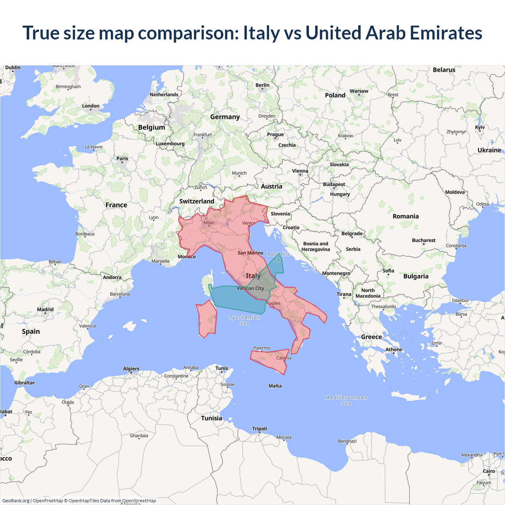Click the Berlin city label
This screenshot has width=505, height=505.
click(x=262, y=85)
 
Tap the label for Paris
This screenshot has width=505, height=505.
click(x=122, y=159)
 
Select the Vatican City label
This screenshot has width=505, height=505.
click(x=251, y=288)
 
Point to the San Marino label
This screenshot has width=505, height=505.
click(x=251, y=253)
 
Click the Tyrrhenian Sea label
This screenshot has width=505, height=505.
click(x=245, y=320)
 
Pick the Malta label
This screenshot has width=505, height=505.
click(x=275, y=386)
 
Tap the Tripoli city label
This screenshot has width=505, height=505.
click(x=260, y=429)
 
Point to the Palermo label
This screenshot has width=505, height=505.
click(x=262, y=348)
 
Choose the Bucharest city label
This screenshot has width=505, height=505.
click(x=424, y=240)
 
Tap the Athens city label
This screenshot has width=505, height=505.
click(x=394, y=350)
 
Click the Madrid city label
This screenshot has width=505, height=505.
click(x=45, y=310)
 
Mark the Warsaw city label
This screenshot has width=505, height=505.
click(x=359, y=91)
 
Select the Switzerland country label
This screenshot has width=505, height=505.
click(x=197, y=201)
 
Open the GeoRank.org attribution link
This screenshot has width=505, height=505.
click(x=16, y=501)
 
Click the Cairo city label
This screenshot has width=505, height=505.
click(x=489, y=471)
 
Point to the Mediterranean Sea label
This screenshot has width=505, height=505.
click(x=346, y=400)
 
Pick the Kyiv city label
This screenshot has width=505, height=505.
click(x=480, y=127)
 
